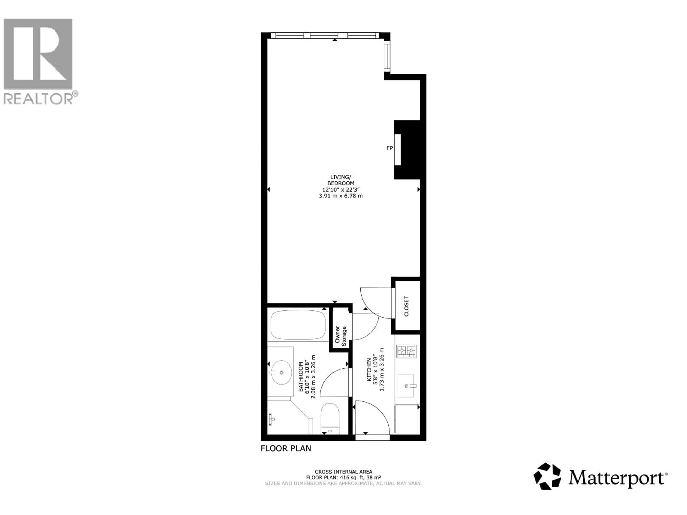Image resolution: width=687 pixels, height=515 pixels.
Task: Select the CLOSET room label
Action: [406, 306]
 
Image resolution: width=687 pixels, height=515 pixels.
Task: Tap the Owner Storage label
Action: [340, 336]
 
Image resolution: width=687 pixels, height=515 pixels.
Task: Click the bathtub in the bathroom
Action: [298, 325]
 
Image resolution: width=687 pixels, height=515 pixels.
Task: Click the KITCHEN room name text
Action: [369, 370]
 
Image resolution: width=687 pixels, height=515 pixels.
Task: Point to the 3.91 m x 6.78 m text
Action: [341, 196]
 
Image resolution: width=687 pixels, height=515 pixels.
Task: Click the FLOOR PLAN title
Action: [286, 448]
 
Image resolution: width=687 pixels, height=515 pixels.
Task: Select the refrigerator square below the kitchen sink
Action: [406, 419]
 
